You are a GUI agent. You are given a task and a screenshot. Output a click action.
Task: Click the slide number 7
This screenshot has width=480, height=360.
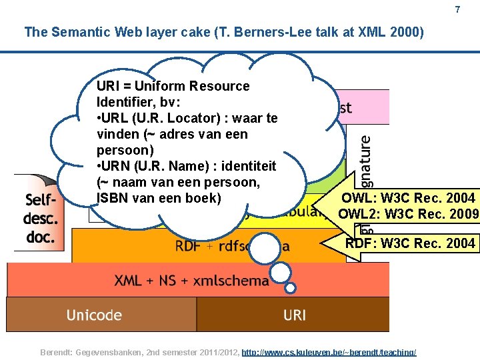[457, 9]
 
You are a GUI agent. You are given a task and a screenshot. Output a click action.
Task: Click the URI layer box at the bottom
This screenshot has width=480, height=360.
[293, 315]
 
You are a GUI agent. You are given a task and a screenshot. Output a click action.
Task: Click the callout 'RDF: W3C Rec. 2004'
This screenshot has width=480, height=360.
[410, 243]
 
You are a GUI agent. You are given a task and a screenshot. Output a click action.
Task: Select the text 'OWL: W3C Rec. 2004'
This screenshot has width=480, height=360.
[408, 198]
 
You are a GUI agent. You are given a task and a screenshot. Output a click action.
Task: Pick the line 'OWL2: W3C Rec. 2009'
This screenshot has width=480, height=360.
[408, 214]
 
